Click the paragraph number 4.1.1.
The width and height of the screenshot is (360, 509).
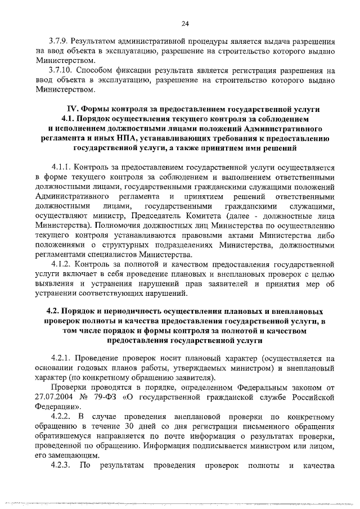coord(62,168)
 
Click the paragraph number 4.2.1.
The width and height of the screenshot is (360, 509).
coord(62,358)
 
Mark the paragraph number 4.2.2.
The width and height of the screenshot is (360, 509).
coord(62,417)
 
